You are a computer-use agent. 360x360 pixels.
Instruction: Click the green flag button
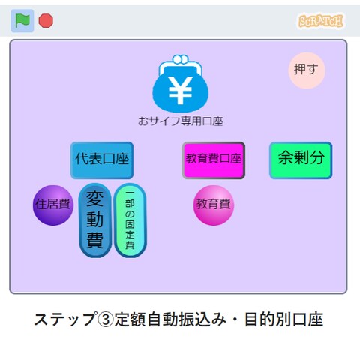click(x=22, y=21)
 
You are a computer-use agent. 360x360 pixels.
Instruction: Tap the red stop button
click(x=46, y=20)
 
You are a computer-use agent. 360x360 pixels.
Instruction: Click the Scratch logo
click(x=321, y=21)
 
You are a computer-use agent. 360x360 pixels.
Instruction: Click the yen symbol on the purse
click(x=180, y=90)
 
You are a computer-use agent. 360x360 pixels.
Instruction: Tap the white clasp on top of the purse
click(x=181, y=59)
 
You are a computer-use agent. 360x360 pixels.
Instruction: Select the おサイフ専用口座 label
click(x=180, y=121)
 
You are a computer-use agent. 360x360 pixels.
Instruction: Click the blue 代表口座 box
click(x=102, y=160)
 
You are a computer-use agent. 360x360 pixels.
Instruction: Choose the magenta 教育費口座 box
click(x=214, y=160)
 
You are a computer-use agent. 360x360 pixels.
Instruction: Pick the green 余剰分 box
click(x=301, y=160)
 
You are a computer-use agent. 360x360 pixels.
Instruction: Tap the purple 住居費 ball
click(x=53, y=205)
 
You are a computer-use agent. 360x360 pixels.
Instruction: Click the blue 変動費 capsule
click(x=95, y=220)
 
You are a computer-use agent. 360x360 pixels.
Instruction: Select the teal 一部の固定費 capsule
click(x=130, y=220)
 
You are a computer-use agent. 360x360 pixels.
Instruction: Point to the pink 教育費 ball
click(x=214, y=205)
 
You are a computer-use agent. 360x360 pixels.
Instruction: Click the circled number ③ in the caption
click(x=106, y=319)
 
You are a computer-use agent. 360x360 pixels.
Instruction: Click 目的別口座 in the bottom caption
click(x=284, y=319)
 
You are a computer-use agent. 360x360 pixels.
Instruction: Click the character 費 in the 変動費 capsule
click(x=95, y=240)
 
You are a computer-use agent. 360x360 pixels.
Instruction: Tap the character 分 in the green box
click(x=316, y=157)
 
